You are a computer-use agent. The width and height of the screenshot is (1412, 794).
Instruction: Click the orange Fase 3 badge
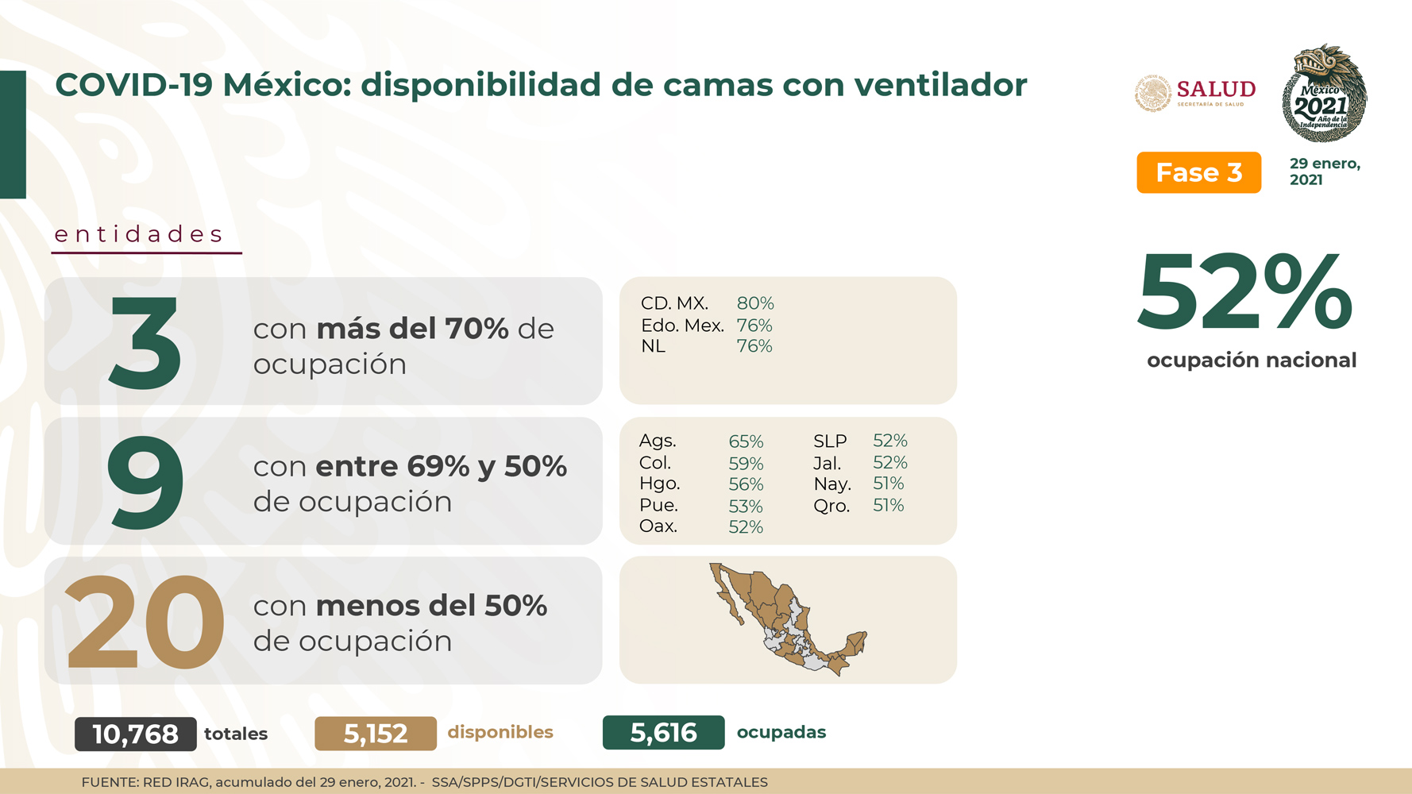[x=1198, y=172]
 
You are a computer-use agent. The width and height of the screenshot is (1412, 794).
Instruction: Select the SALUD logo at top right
[x=1195, y=93]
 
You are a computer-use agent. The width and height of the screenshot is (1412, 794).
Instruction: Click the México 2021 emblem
[x=1324, y=93]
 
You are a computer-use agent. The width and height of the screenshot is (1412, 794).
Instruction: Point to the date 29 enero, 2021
[x=1325, y=172]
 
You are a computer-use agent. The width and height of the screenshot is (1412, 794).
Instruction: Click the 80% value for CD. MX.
[x=755, y=303]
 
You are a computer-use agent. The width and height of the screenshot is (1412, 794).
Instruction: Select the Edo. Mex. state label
[x=682, y=326]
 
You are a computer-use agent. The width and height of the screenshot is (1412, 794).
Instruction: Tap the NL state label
[x=653, y=346]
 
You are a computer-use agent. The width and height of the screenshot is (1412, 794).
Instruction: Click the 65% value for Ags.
[x=746, y=441]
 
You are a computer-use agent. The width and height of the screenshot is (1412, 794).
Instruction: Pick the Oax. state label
[x=658, y=526]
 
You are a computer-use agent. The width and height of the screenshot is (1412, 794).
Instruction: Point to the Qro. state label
[x=831, y=506]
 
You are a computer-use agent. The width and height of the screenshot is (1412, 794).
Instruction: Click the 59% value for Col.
[x=746, y=463]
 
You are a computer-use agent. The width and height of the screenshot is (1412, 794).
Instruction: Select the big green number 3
[x=145, y=342]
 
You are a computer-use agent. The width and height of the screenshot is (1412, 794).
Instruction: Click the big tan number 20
[x=145, y=622]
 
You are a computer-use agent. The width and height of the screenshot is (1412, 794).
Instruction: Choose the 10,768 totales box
[x=136, y=734]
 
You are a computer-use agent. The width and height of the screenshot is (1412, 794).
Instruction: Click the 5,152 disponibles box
[x=376, y=734]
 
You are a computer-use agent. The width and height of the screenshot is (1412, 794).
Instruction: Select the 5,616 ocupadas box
[x=664, y=732]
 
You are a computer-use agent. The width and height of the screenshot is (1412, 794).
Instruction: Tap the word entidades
[x=139, y=234]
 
